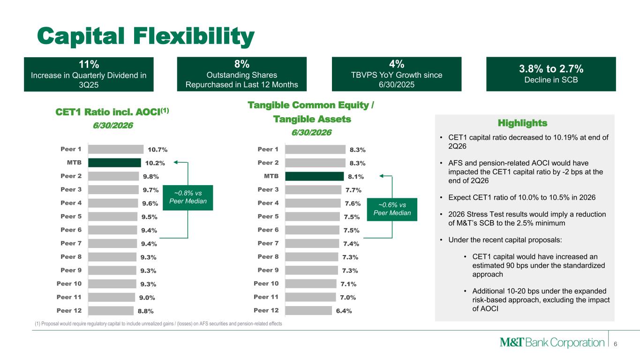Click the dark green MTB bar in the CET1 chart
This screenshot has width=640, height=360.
114,163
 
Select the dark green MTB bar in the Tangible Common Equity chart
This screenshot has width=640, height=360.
315,176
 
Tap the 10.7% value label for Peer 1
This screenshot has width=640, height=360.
158,150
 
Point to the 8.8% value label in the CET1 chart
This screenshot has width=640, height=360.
146,311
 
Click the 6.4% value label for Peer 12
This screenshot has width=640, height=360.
344,311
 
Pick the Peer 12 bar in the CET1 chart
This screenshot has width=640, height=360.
111,311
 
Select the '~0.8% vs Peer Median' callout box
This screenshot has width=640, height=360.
188,198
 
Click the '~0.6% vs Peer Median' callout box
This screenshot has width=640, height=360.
392,210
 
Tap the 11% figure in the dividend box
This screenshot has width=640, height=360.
89,64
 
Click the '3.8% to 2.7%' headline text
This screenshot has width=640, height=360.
551,69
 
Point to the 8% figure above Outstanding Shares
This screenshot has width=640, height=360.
242,64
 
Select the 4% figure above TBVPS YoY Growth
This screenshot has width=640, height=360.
397,64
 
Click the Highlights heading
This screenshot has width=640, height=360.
523,123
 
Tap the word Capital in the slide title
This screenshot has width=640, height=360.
81,36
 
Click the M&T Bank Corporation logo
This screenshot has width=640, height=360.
552,342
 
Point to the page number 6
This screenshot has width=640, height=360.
616,344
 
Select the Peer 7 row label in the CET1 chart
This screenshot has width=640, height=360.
71,243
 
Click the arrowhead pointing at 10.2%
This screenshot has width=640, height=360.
176,162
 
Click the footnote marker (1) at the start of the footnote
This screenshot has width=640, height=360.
38,324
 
